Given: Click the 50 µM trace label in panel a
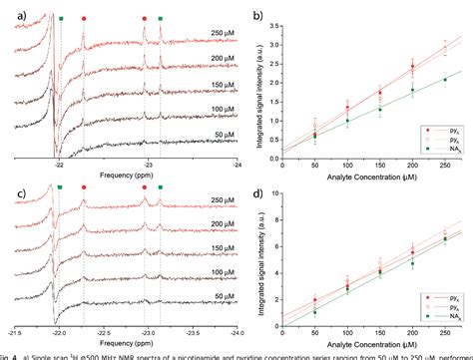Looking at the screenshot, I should tap(215, 136).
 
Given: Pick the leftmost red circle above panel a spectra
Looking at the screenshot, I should tap(83, 18).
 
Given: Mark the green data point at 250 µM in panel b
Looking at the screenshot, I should tap(444, 80).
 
